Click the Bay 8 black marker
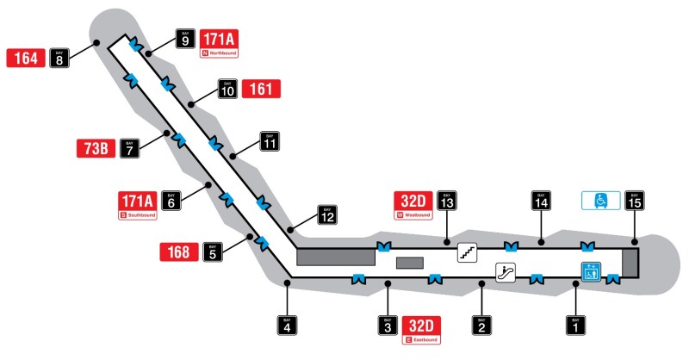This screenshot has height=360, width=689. coord(59,58)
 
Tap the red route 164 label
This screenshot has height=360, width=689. coord(26,58)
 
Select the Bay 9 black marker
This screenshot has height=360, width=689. coord(185,39)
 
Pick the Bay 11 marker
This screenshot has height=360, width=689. coord(270,142)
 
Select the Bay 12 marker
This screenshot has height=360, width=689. coord(326,213)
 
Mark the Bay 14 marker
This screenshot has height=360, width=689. coord(540,201)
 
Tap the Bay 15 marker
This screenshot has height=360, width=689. coord(635,201)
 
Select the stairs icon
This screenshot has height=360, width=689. coord(468,252)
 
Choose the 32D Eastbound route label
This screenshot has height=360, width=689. coord(422,330)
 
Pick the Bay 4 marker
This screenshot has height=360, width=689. coord(287,326)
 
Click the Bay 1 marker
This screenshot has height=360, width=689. coord(574,326)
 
